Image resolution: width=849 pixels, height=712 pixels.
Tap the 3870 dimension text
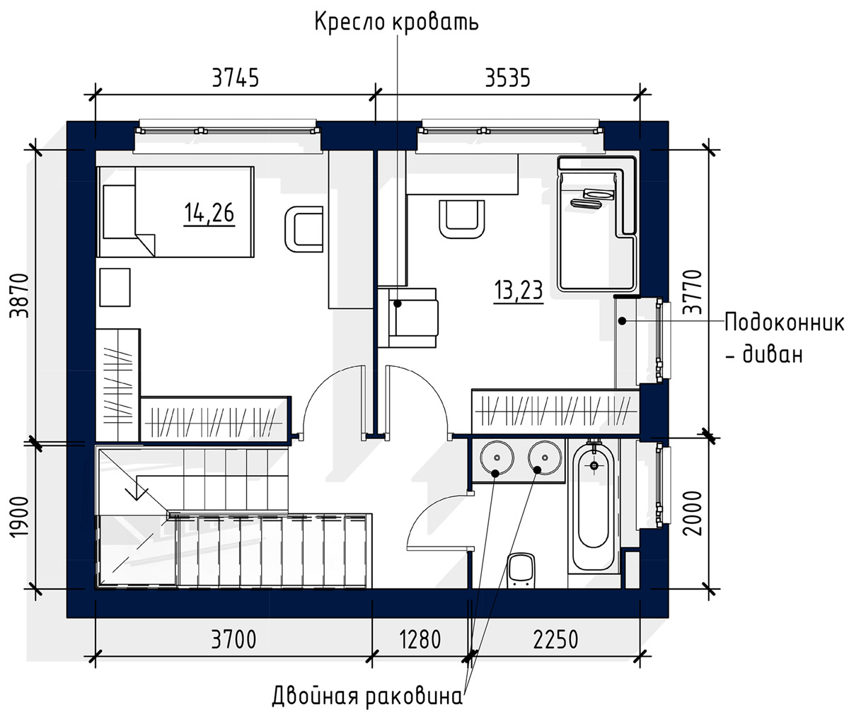tap(21, 296)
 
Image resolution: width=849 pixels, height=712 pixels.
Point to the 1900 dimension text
tap(20, 518)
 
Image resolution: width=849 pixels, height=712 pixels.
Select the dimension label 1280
tap(420, 639)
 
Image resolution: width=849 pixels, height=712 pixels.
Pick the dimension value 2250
tap(555, 639)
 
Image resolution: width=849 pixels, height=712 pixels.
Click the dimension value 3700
tap(233, 639)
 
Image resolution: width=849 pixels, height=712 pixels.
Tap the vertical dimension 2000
tap(693, 513)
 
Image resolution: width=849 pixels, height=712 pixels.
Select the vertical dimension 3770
tap(693, 292)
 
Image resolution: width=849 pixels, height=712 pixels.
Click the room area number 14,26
tap(209, 214)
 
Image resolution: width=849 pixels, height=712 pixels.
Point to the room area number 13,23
tap(519, 291)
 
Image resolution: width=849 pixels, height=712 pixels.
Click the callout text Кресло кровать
tap(396, 22)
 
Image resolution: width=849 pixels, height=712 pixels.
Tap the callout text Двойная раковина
tap(368, 696)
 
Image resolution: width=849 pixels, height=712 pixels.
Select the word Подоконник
tap(785, 324)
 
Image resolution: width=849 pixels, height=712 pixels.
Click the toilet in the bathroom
tap(521, 569)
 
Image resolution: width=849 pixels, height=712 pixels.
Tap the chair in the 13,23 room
tap(462, 219)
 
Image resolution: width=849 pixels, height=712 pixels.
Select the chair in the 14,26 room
tap(304, 229)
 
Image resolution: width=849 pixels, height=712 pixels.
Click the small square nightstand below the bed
tap(115, 287)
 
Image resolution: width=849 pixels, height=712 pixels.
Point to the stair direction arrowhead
tap(137, 494)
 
